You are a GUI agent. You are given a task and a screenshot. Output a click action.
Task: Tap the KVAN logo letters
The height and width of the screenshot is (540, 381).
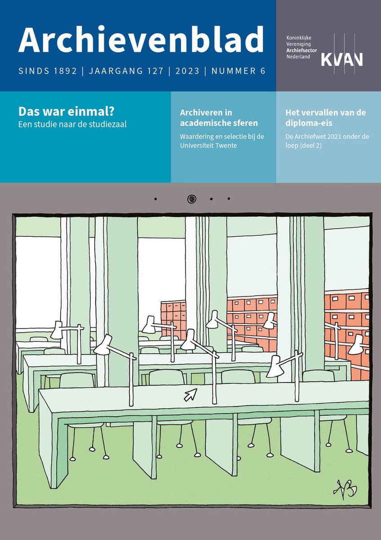342,58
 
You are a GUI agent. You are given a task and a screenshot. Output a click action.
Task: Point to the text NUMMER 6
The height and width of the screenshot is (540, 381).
238,71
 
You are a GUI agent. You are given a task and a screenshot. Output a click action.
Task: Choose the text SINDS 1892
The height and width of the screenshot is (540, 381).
48,71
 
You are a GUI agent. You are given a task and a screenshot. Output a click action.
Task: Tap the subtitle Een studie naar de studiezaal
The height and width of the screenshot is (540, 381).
72,124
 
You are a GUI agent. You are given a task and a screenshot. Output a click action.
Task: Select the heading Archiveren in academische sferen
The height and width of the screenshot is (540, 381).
219,117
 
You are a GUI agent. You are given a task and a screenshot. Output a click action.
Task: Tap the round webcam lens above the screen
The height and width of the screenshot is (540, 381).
192,198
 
